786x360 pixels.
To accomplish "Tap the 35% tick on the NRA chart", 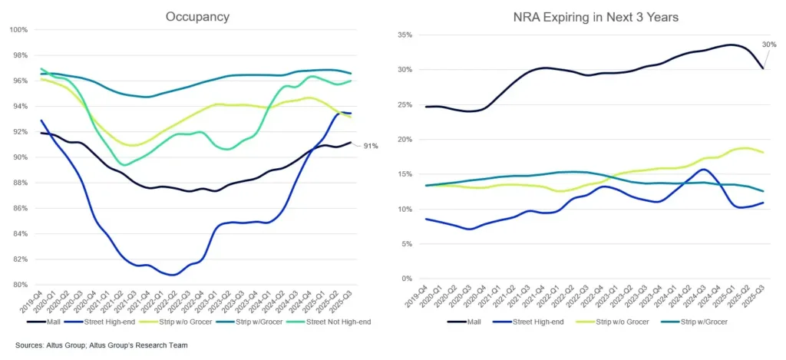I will [x=406, y=35].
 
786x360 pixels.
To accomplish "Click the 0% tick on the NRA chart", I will [x=408, y=279].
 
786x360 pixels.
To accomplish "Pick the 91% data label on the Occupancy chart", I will [x=371, y=146].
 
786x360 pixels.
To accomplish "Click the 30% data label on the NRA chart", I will [x=769, y=44].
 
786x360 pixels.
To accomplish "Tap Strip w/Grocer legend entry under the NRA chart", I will [x=699, y=322].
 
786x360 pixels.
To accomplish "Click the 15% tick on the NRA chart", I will [x=406, y=174].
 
